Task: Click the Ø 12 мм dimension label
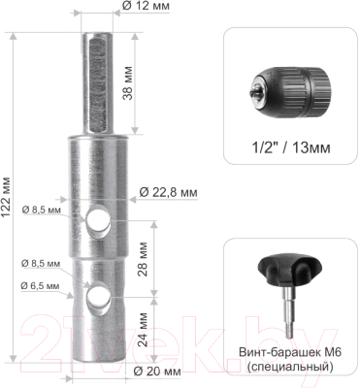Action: click(147, 6)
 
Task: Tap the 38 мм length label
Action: click(128, 83)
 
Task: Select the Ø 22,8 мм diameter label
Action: click(168, 192)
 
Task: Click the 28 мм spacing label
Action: click(143, 259)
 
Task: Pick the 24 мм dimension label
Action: click(143, 330)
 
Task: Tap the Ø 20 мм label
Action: click(157, 372)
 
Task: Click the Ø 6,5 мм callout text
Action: click(40, 286)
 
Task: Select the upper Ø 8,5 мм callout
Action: click(42, 210)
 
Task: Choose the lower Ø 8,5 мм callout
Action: click(41, 264)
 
